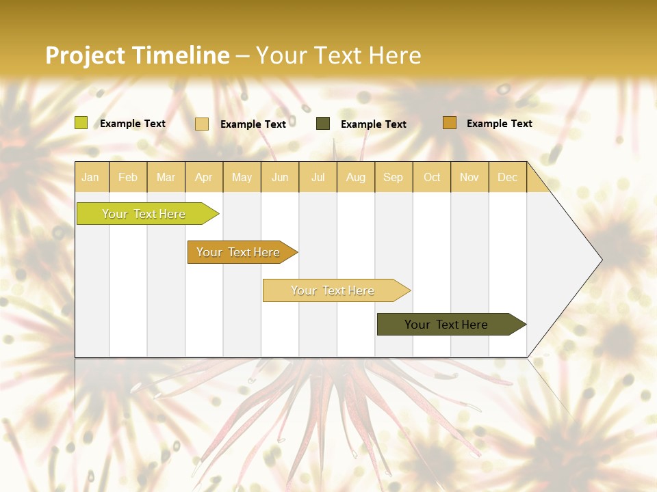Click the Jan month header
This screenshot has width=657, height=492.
pyautogui.click(x=91, y=177)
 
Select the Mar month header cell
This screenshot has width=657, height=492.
pyautogui.click(x=166, y=177)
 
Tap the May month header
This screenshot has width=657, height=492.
pyautogui.click(x=242, y=177)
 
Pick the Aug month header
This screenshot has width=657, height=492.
pyautogui.click(x=355, y=177)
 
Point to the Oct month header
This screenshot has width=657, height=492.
pyautogui.click(x=432, y=177)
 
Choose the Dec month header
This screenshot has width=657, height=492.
pyautogui.click(x=507, y=177)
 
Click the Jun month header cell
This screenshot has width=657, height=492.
pyautogui.click(x=280, y=177)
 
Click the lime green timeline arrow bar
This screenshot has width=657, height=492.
pyautogui.click(x=144, y=214)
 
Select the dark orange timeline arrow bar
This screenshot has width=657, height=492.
pyautogui.click(x=239, y=252)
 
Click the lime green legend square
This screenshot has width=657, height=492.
pyautogui.click(x=81, y=123)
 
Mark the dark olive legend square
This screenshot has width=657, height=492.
pyautogui.click(x=323, y=124)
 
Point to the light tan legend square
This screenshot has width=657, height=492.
pyautogui.click(x=202, y=124)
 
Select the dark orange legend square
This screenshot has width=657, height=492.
pyautogui.click(x=450, y=123)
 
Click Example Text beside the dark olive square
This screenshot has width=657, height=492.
pyautogui.click(x=373, y=124)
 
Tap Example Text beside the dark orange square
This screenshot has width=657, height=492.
pyautogui.click(x=499, y=123)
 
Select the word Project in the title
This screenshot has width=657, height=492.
pyautogui.click(x=86, y=55)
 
